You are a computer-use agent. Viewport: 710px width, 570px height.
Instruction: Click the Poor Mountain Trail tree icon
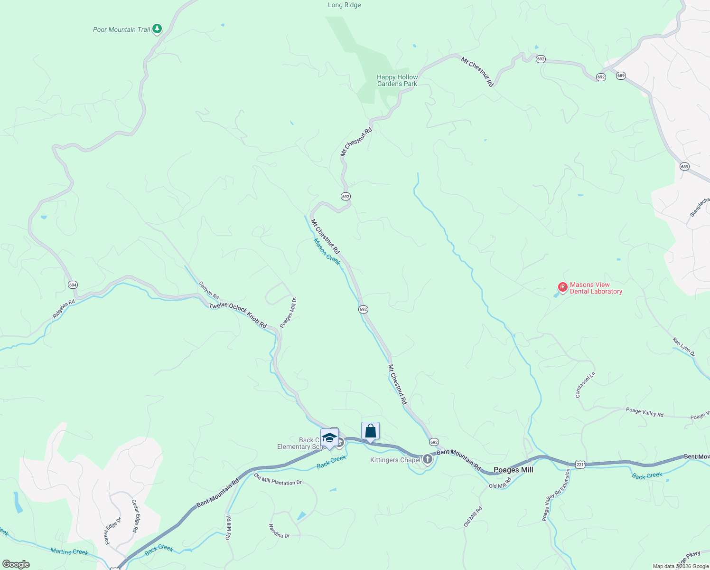157,29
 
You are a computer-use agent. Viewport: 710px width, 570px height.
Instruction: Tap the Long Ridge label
344,5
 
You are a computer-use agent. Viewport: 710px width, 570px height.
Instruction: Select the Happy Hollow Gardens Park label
397,80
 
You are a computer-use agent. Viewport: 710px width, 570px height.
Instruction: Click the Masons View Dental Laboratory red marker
562,287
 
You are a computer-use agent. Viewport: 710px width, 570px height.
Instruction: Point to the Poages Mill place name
513,470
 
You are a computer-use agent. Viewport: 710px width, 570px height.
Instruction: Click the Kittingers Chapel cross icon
428,459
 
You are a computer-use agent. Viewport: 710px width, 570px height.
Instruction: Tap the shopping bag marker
370,431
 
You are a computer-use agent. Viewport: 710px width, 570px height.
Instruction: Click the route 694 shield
73,285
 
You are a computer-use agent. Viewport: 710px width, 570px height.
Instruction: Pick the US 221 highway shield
579,465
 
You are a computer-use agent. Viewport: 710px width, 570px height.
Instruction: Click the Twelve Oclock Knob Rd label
238,315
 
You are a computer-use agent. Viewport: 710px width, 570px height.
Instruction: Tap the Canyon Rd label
209,291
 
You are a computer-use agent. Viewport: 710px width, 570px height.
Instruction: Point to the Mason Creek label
327,252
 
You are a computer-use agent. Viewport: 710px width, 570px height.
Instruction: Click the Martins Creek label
69,551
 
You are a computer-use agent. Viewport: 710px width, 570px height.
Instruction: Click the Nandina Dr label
279,531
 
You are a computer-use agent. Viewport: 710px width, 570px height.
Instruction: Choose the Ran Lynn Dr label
683,347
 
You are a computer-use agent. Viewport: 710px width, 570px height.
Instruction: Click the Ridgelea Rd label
64,309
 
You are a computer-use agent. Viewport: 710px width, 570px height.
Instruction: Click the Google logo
16,564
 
